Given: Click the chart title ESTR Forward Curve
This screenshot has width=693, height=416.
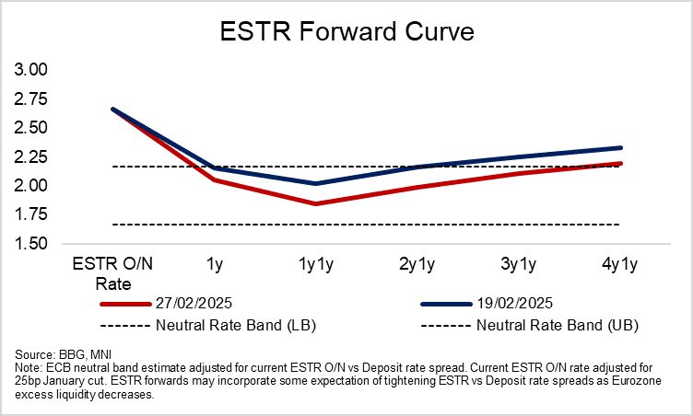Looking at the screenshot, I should (346, 34).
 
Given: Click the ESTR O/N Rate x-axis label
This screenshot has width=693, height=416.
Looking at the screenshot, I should (113, 273).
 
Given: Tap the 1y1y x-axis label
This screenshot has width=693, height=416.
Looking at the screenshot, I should (315, 265).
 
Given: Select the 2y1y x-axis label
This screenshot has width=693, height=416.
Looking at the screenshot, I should (417, 265).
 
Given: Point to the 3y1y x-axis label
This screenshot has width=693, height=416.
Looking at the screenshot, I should (518, 265).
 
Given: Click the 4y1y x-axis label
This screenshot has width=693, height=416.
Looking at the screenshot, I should (618, 265).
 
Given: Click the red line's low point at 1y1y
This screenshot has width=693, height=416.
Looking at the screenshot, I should (315, 203).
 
